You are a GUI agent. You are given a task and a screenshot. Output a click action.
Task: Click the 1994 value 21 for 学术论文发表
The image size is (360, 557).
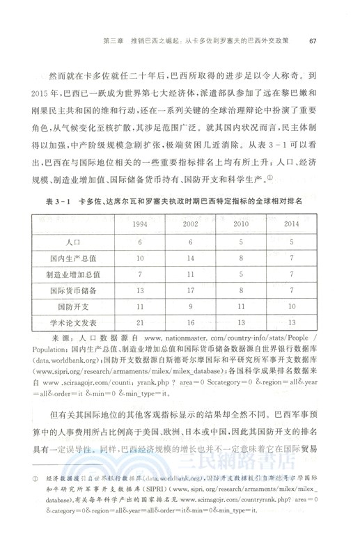[x=141, y=322]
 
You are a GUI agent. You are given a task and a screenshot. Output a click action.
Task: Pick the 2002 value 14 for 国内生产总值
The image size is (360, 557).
[x=189, y=258]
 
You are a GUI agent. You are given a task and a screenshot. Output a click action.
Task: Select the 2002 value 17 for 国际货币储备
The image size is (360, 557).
[x=189, y=290]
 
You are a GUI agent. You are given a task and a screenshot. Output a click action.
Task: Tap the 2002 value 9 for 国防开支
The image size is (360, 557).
[x=189, y=306]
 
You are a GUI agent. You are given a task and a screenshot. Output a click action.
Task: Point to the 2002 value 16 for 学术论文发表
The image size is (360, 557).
[x=189, y=322]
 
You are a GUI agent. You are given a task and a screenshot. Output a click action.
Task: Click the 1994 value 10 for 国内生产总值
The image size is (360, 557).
[x=141, y=258]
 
